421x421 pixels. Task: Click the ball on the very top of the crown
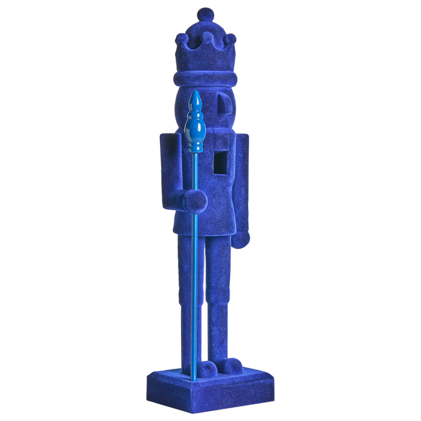coord(206,14)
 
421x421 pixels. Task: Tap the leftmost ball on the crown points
coord(181,39)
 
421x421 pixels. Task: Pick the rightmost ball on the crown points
coord(230,38)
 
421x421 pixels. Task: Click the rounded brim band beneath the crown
coord(204,78)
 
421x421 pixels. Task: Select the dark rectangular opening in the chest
coord(221,161)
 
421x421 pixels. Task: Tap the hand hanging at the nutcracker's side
coord(241,239)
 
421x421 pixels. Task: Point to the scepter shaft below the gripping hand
coord(194,289)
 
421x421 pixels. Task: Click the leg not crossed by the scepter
coord(220,295)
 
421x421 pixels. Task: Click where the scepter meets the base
coord(194,379)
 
